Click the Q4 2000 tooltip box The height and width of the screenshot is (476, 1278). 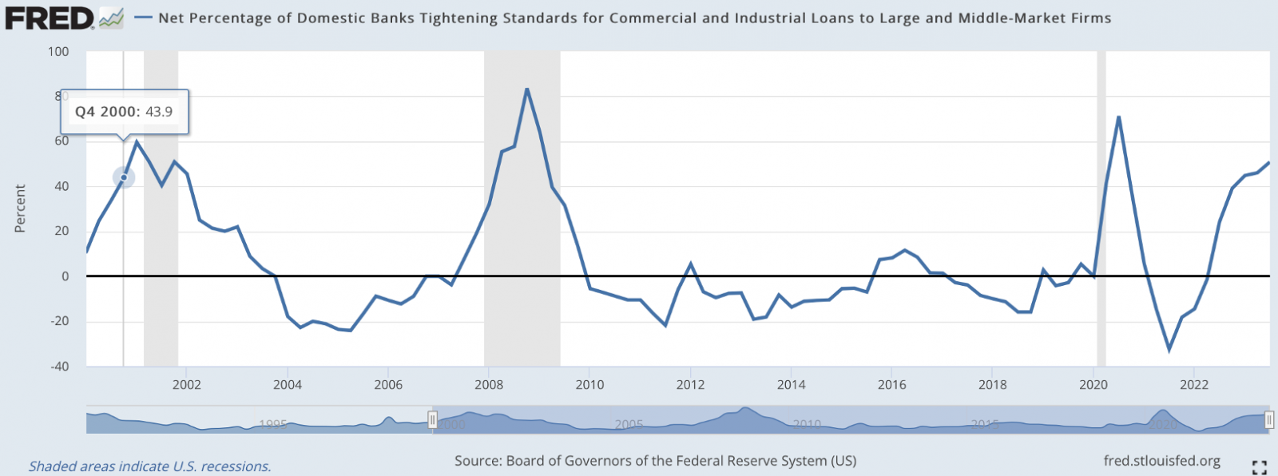click(x=124, y=112)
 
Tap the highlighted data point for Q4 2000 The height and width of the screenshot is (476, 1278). click(x=124, y=177)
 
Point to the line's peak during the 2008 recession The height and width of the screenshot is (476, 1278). click(x=526, y=89)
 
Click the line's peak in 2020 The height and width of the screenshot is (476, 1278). click(x=1118, y=117)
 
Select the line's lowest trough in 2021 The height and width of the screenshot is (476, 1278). click(x=1169, y=350)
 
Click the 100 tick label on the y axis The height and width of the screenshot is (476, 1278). click(x=58, y=52)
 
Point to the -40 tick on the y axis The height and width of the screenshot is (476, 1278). click(x=59, y=367)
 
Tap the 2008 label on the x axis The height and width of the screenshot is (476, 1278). click(x=489, y=385)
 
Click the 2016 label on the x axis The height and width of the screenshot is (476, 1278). click(x=891, y=385)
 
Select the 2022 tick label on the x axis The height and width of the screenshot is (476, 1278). click(x=1193, y=385)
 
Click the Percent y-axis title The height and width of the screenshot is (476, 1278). click(x=20, y=208)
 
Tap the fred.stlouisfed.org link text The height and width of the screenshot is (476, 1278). click(x=1161, y=461)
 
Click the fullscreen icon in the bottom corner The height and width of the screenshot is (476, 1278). click(x=1260, y=467)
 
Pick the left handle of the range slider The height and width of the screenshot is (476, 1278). click(x=432, y=419)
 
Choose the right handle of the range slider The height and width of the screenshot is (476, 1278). click(x=1269, y=419)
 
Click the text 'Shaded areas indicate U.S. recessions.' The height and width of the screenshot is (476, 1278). click(x=150, y=466)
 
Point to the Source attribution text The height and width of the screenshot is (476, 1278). click(x=655, y=461)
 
